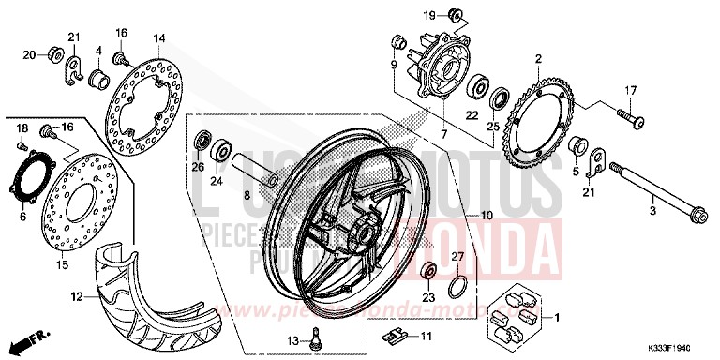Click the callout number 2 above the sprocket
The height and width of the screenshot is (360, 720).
[538, 59]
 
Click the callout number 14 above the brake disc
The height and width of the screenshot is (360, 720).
[159, 37]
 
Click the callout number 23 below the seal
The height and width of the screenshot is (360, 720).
[428, 298]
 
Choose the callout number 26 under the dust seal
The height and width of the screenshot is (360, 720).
[198, 167]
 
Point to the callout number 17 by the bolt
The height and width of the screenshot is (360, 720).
[630, 91]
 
